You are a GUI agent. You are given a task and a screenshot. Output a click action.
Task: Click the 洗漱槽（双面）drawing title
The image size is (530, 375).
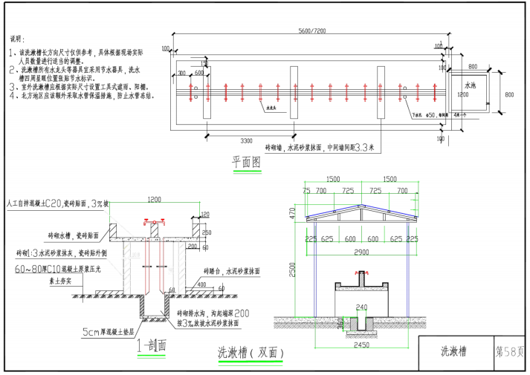tap(250, 353)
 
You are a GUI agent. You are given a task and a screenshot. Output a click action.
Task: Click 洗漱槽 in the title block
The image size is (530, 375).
tap(454, 350)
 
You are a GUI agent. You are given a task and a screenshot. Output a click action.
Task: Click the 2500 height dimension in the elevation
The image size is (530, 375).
tap(293, 269)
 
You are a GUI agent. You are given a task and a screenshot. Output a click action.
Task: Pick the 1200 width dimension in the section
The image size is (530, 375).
tap(155, 200)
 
